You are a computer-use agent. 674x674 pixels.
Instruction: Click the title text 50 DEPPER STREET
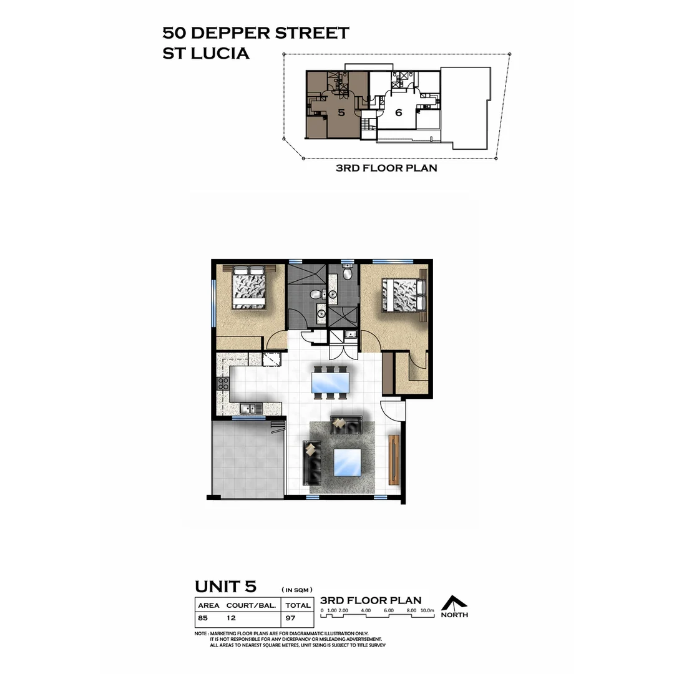point(255,32)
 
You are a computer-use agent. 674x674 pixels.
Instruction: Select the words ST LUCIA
point(206,54)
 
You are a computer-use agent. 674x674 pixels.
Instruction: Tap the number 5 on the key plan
point(341,113)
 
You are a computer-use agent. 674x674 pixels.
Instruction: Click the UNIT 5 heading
point(225,587)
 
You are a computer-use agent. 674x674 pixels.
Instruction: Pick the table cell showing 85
point(203,618)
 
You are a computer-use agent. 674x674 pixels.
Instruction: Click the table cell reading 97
point(291,618)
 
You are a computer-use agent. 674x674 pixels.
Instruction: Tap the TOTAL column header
point(298,605)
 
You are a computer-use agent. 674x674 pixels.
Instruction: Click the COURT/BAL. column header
point(252,605)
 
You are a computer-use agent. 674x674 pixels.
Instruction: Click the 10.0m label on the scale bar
point(427,610)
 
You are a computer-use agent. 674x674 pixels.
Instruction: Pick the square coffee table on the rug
point(348,462)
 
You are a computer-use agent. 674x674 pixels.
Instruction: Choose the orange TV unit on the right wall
point(393,460)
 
